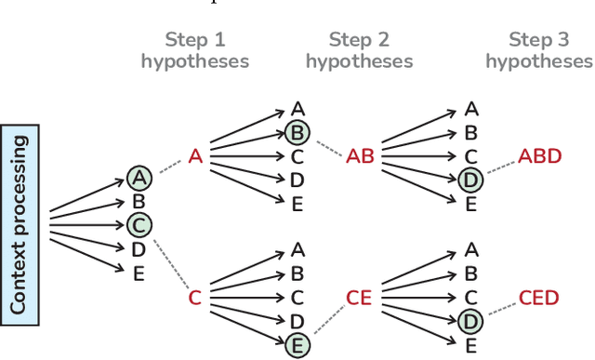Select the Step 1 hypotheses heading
(x=194, y=50)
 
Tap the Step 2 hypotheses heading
(x=359, y=50)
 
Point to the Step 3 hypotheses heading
(x=538, y=50)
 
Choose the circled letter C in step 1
(x=139, y=224)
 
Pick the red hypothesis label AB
(x=360, y=156)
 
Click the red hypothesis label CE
(x=359, y=298)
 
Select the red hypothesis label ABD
(x=540, y=156)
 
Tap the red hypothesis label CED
(x=539, y=298)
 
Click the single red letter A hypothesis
(x=195, y=156)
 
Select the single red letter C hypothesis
(x=195, y=298)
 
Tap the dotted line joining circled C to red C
(x=168, y=261)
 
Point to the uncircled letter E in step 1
(x=139, y=272)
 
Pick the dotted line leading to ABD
(x=499, y=168)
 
